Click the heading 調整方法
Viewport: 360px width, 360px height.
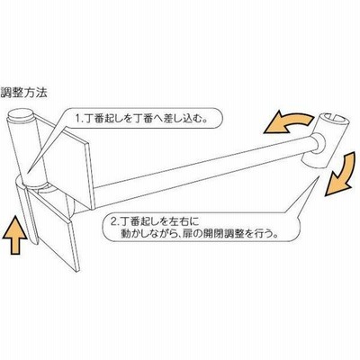(x=24, y=93)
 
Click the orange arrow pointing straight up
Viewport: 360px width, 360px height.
(x=14, y=236)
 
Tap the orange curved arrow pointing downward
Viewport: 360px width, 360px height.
(x=340, y=174)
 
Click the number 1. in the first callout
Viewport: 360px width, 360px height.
(x=79, y=119)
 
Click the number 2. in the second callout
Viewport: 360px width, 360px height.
(x=115, y=222)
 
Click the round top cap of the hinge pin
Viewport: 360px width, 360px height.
(x=21, y=115)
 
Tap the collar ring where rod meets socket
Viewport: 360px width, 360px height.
(x=318, y=145)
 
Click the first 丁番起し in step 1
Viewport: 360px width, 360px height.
(x=103, y=119)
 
